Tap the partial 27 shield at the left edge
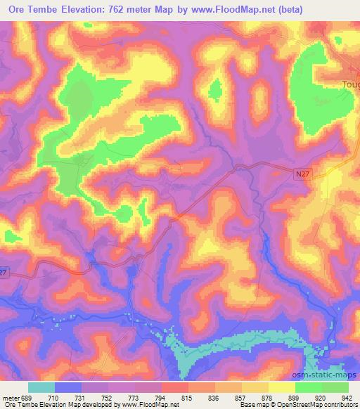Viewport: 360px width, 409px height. point(5,272)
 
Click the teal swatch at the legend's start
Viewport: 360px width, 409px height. point(42,387)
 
